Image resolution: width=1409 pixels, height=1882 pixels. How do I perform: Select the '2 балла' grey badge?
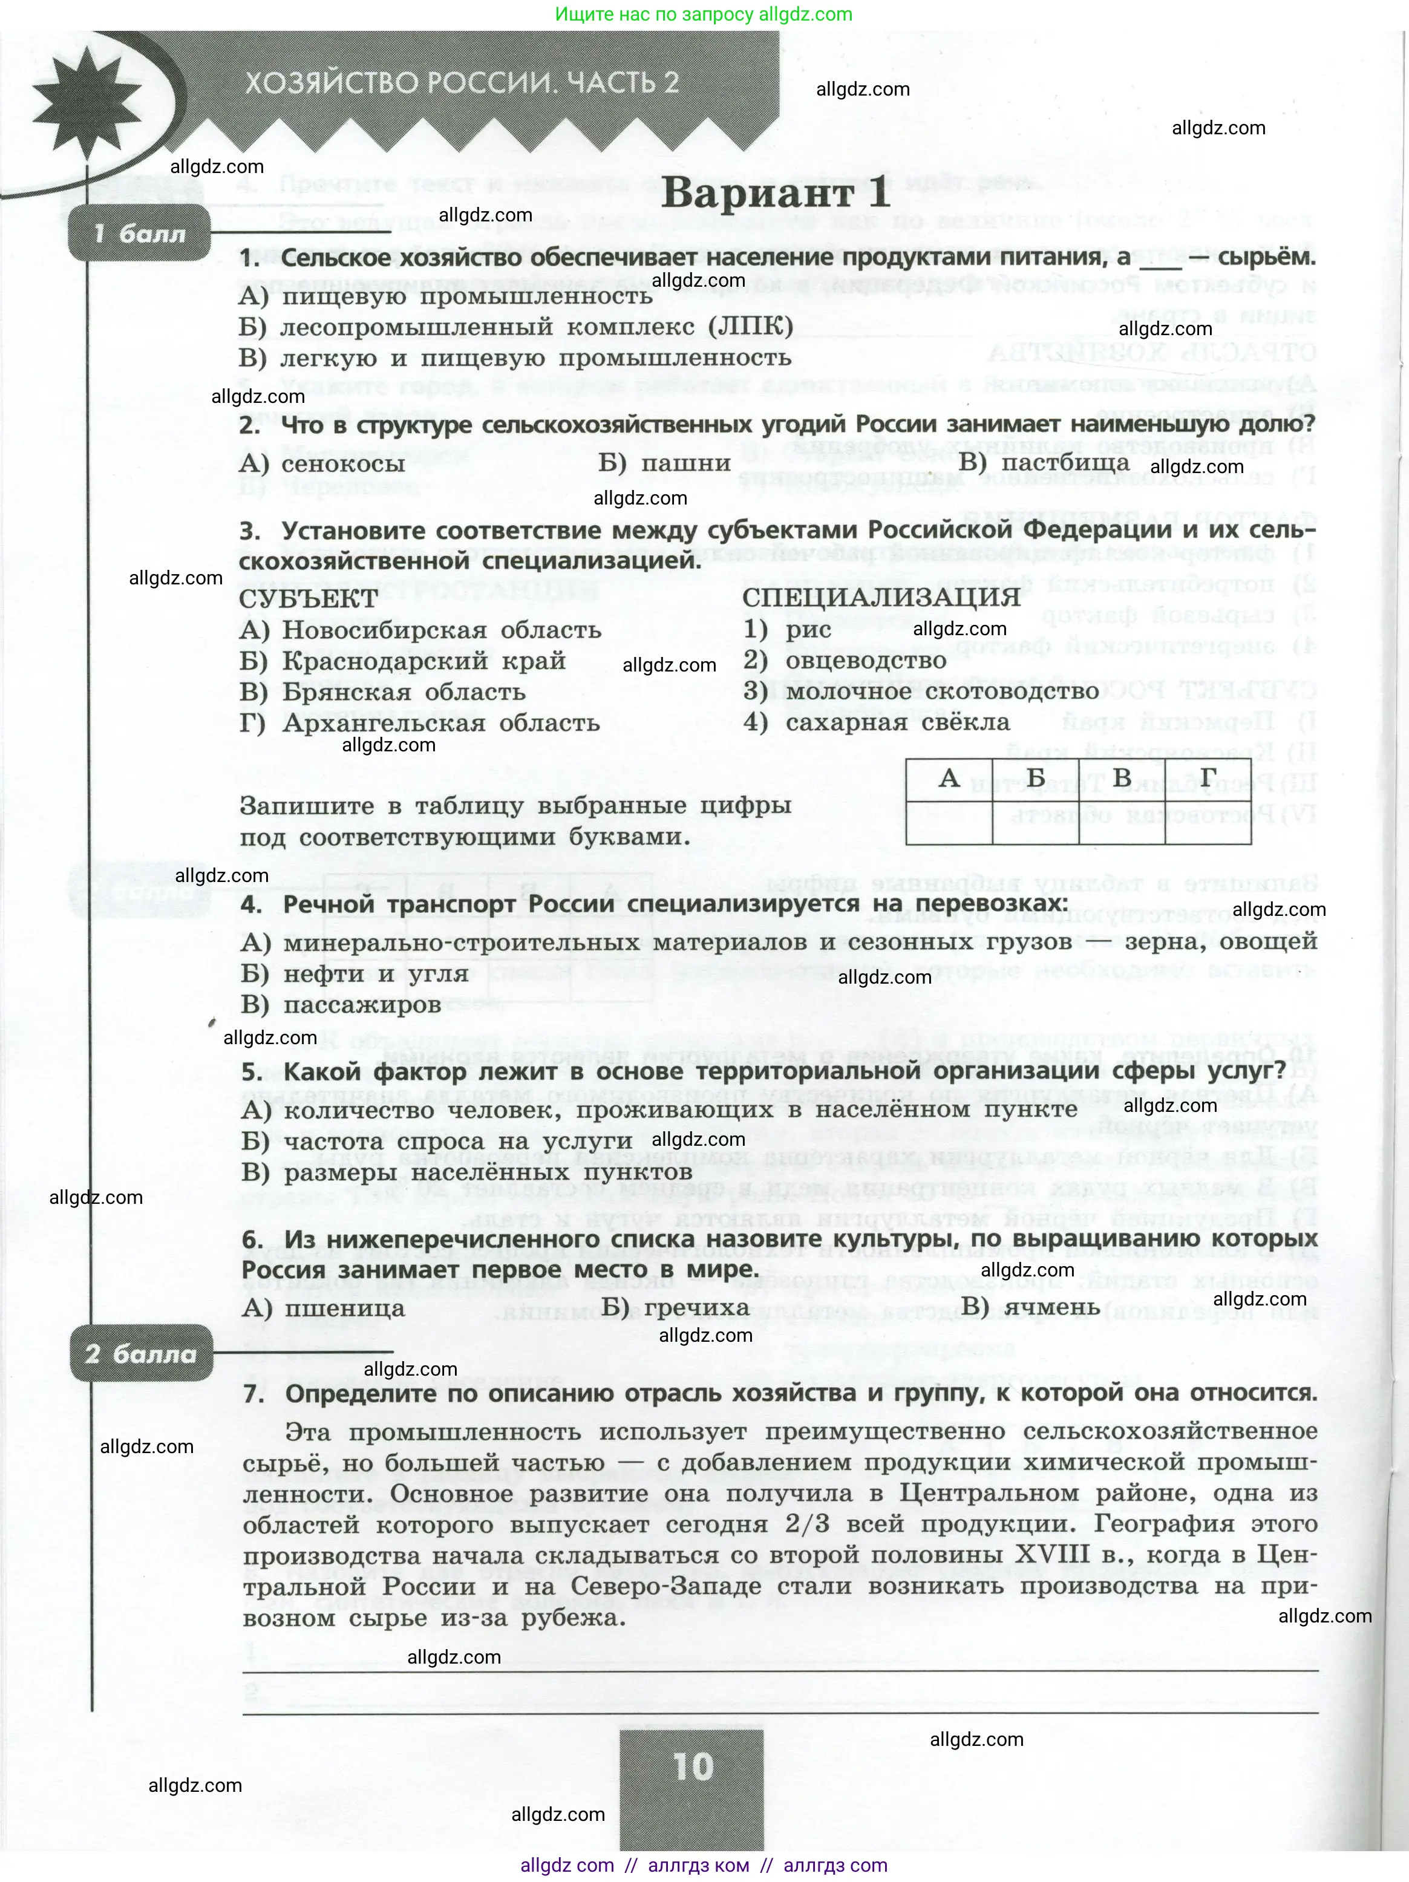tap(140, 1354)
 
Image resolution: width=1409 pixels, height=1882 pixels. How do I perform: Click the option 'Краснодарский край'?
tap(423, 661)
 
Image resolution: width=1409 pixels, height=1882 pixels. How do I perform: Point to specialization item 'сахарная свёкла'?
tap(897, 723)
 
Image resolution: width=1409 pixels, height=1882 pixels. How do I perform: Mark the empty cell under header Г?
tap(1208, 822)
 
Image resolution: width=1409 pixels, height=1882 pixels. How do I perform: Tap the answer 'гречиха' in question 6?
tap(696, 1308)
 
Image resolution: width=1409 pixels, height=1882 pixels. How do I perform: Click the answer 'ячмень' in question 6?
tap(1051, 1308)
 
